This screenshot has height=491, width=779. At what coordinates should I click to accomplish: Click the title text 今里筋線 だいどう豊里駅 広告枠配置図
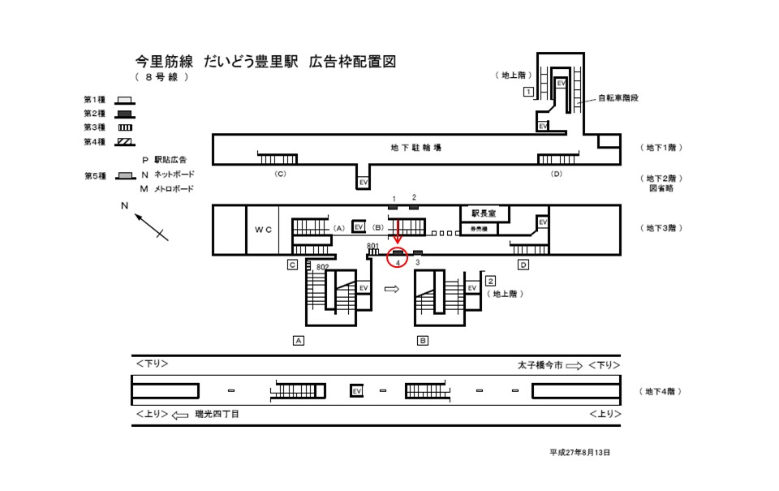point(266,62)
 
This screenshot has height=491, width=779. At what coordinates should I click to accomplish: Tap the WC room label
point(261,230)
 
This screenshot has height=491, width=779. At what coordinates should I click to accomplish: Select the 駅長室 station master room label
point(484,213)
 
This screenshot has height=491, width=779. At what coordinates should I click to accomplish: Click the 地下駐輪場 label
point(416,148)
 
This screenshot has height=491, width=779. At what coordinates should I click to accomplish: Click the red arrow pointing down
point(398,233)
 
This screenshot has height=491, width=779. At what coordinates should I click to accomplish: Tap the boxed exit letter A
point(299,341)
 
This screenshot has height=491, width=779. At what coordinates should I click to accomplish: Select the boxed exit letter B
point(423,341)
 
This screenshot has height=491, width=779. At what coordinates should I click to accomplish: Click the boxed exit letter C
point(291,265)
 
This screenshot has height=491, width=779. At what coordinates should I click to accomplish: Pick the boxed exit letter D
point(523,265)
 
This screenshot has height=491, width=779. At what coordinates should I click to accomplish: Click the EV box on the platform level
point(355,391)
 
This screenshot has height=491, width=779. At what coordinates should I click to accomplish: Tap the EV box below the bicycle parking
point(364,183)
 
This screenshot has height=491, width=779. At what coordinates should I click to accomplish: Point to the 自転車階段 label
point(618,97)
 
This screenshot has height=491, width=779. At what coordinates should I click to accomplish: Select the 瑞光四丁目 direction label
point(217,414)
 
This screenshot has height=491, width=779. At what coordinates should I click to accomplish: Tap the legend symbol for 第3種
point(124,128)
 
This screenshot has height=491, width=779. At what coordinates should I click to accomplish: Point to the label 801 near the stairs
point(373,246)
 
